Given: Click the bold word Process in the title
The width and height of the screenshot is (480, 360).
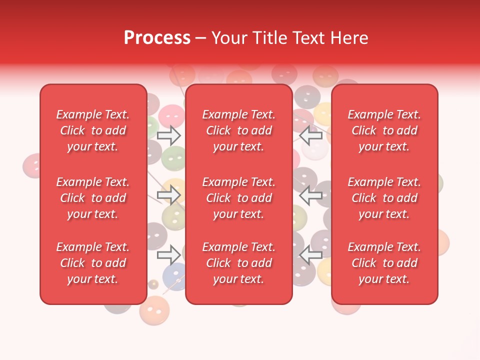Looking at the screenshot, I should point(157,38).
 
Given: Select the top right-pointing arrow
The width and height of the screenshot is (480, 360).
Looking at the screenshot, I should point(168,135).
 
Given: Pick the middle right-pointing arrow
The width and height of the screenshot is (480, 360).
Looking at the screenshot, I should point(168,195).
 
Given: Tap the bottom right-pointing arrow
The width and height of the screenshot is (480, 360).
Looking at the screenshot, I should point(168,255).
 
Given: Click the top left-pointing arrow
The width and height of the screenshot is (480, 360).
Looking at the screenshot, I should point(310,135).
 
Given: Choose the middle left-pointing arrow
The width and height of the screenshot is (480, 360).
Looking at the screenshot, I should point(310,195).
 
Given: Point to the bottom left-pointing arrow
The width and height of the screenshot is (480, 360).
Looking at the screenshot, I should point(310,255).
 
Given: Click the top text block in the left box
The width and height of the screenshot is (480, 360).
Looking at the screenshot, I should point(93,130).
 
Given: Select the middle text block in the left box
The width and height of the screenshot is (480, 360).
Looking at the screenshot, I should point(93,198).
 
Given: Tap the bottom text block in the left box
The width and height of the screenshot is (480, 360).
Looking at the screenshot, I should point(93,263).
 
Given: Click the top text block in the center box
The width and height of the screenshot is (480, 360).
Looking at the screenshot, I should point(239,130).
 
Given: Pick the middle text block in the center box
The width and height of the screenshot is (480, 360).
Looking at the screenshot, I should point(239,198).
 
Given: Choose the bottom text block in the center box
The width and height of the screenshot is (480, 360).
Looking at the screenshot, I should point(239,263).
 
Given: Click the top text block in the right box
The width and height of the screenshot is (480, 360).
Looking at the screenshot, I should point(384,130).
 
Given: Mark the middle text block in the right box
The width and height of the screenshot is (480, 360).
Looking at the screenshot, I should point(384,198).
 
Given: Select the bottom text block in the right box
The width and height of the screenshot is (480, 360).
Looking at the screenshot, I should point(384,263).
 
